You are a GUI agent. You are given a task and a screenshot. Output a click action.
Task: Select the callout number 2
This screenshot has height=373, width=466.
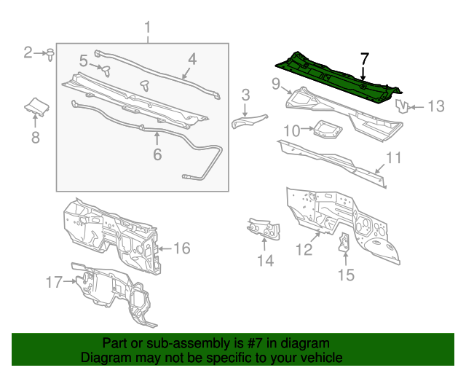28,52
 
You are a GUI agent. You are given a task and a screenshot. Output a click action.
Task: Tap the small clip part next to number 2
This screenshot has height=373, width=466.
50,54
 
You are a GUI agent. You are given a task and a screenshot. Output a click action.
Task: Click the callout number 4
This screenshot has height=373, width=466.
84,60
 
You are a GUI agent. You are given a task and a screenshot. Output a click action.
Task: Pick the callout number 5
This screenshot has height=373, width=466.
157,154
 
